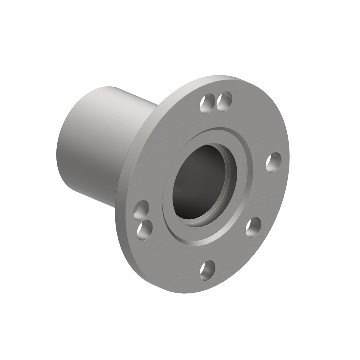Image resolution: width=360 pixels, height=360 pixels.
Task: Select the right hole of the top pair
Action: pyautogui.click(x=224, y=100)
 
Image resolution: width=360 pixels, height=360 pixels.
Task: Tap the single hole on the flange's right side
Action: pyautogui.click(x=274, y=162)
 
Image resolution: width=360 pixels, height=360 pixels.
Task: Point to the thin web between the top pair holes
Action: pyautogui.click(x=216, y=102)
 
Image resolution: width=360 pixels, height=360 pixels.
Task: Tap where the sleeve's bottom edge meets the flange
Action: pyautogui.click(x=115, y=207)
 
